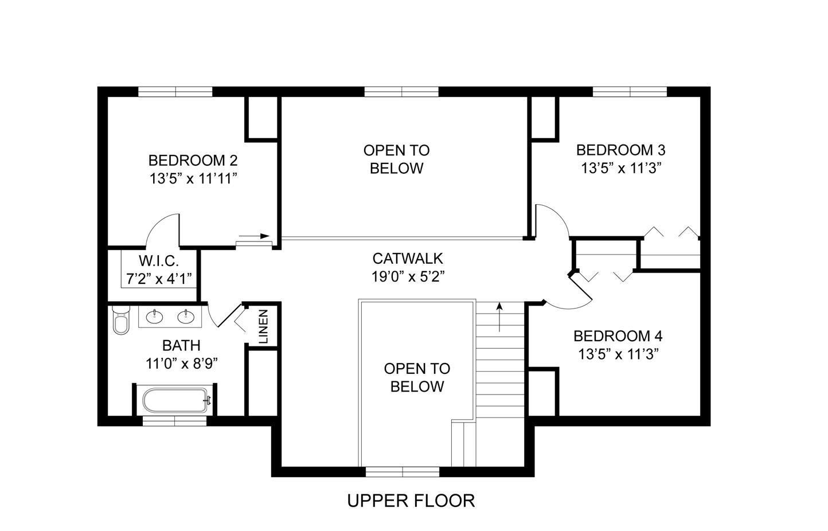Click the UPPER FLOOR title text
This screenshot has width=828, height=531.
pos(411,501)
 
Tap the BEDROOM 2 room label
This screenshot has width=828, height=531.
pos(193,160)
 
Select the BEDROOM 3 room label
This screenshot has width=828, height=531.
pos(620,150)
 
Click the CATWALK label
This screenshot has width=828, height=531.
pos(407,259)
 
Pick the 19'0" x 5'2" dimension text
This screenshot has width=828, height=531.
pos(407,276)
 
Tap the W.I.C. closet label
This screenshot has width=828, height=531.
pos(158,261)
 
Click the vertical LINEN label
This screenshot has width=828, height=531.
pos(263,326)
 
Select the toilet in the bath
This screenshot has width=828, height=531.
pos(121,321)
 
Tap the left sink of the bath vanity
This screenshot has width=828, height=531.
pos(154,316)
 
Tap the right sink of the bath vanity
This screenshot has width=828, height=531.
pos(185,316)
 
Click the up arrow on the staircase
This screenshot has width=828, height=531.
pos(500,317)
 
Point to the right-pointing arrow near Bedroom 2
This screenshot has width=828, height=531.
pos(254,236)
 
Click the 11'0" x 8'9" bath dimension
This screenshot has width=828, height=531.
pos(181,364)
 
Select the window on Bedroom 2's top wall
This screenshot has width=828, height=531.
pos(175,92)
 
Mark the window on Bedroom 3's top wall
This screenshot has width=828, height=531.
pos(630,92)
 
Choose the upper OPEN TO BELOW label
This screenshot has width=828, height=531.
pos(396,159)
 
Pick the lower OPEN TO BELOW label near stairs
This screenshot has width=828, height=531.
pos(417,377)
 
